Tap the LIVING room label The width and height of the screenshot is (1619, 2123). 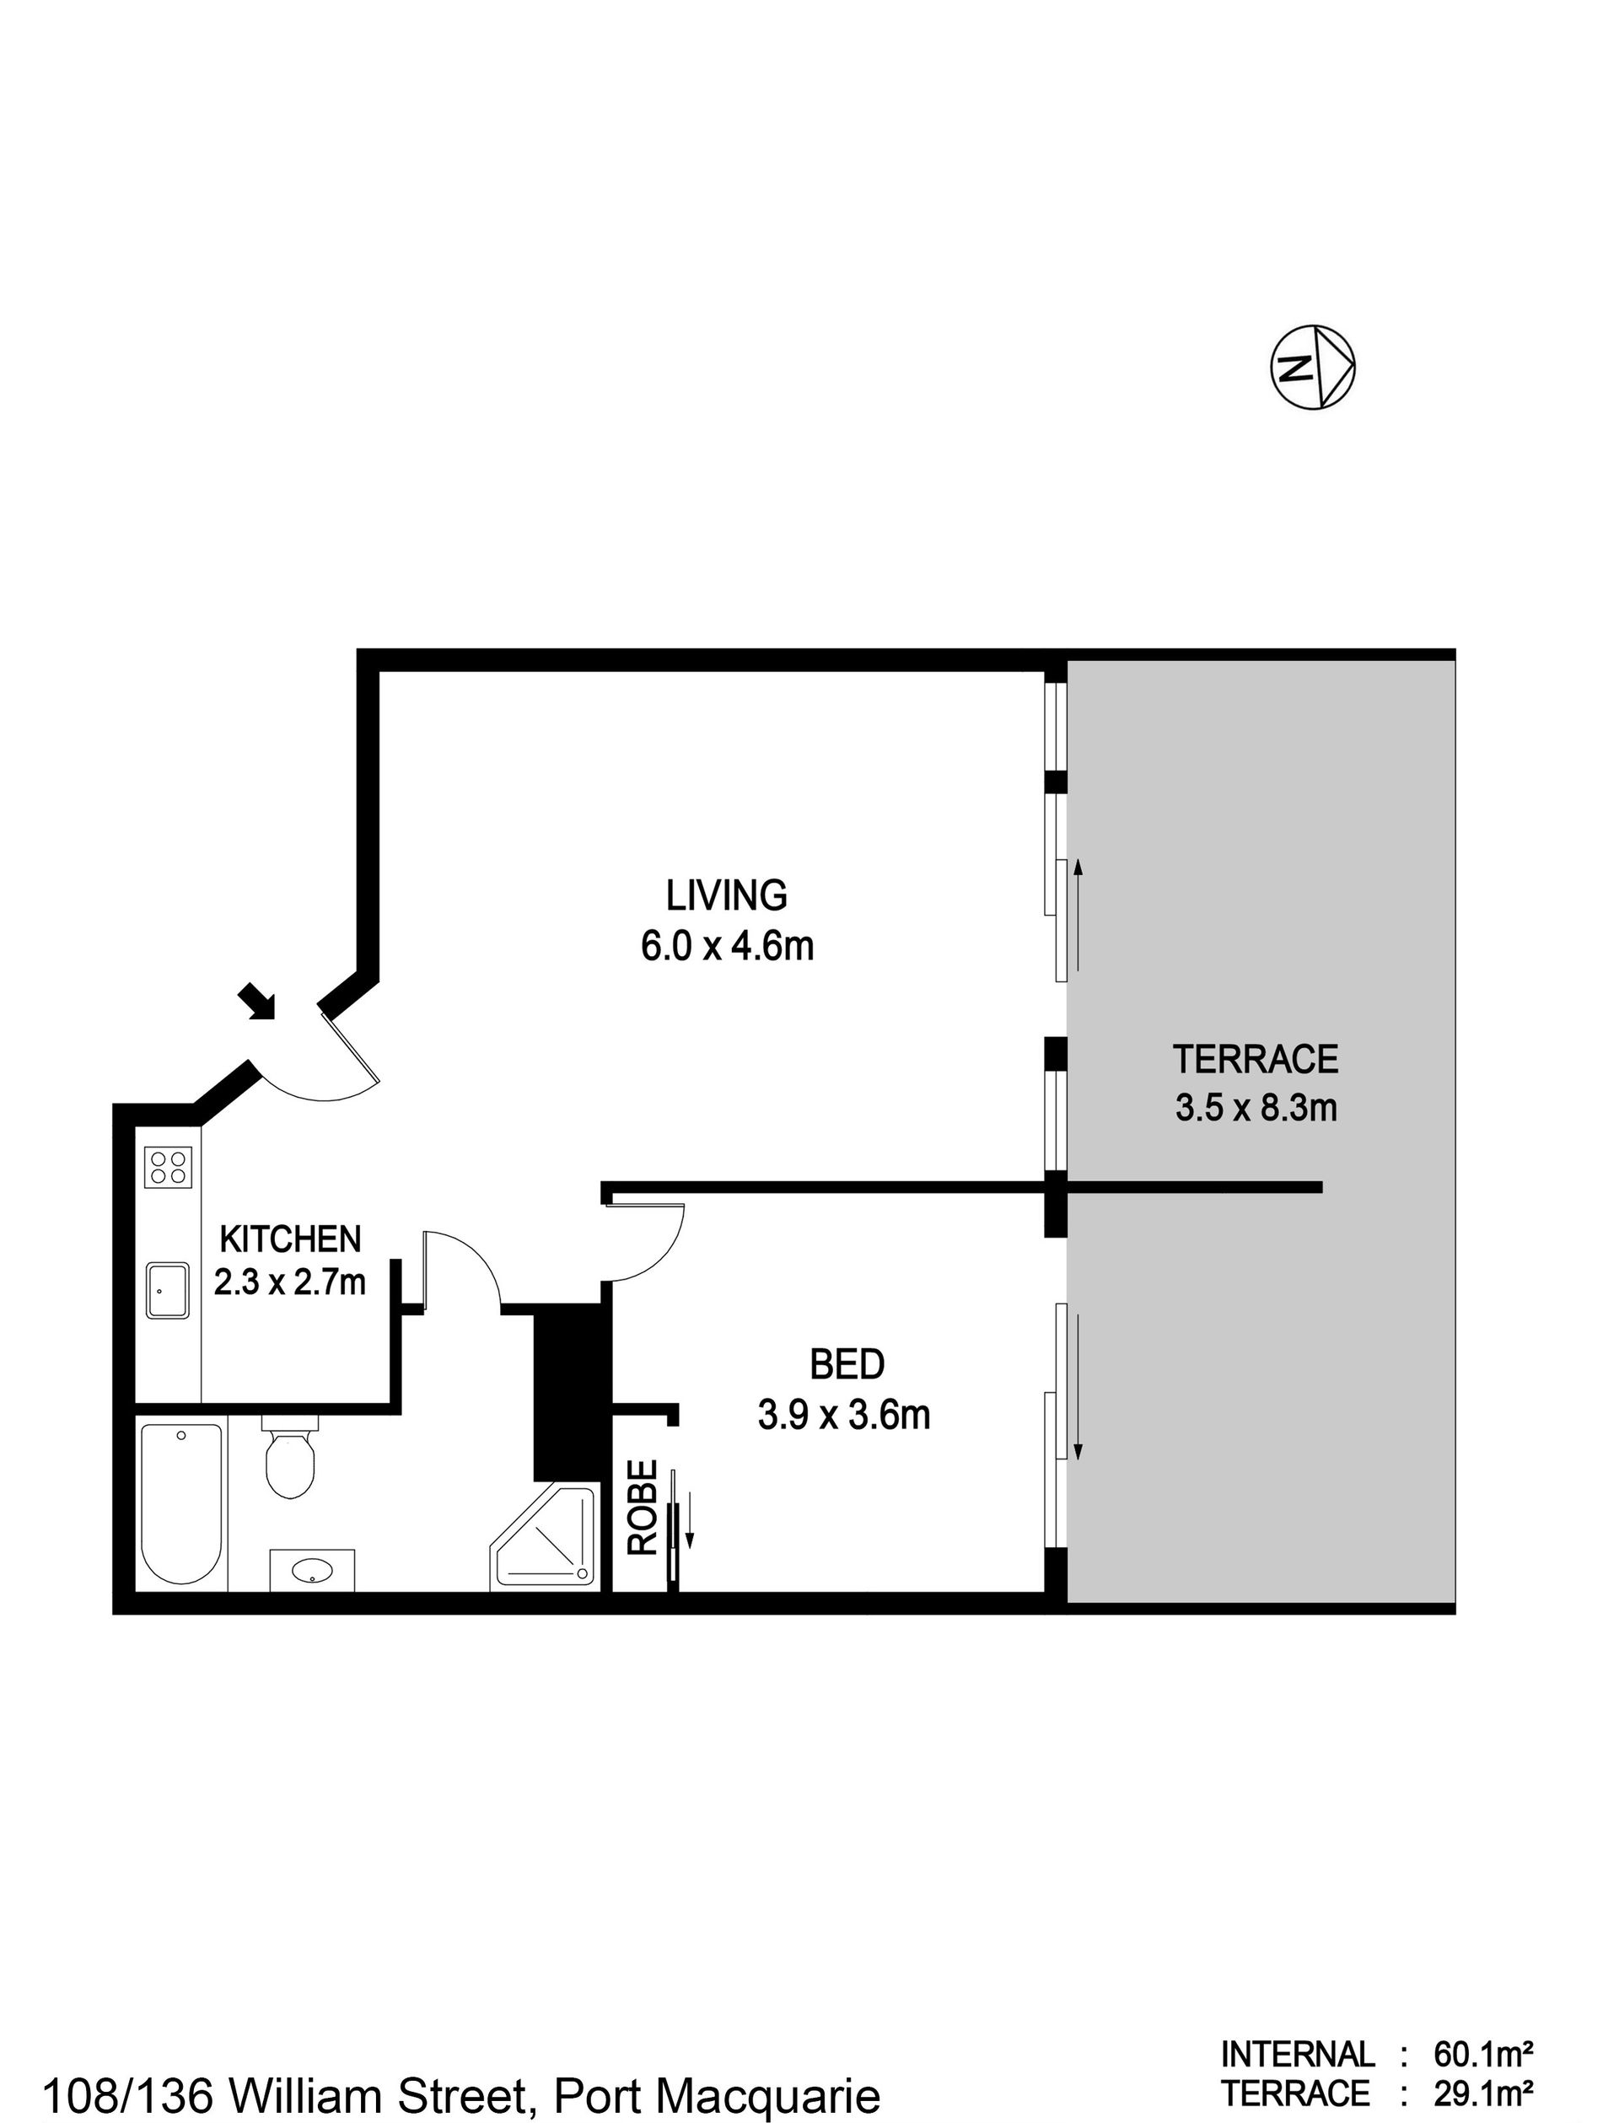click(x=727, y=895)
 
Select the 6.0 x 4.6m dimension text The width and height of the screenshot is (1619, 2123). click(x=728, y=946)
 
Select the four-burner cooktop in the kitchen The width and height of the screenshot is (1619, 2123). click(x=167, y=1167)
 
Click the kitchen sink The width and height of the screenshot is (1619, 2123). click(x=168, y=1290)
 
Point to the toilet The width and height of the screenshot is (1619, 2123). click(x=290, y=1456)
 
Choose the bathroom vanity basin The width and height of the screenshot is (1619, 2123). click(x=312, y=1570)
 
